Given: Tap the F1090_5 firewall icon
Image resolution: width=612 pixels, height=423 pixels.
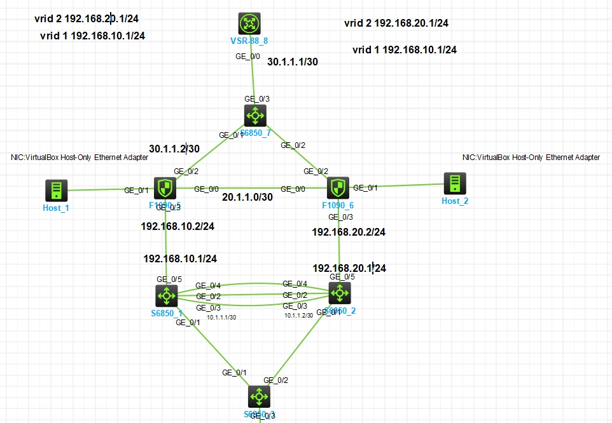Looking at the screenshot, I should pyautogui.click(x=165, y=188).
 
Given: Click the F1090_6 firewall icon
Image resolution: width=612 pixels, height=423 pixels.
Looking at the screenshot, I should pyautogui.click(x=337, y=188).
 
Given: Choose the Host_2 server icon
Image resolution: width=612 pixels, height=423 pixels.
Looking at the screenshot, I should pyautogui.click(x=455, y=184).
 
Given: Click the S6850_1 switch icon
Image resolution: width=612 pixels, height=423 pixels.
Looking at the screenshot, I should pyautogui.click(x=167, y=295).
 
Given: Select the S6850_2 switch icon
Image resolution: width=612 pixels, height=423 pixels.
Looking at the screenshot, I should pyautogui.click(x=339, y=293).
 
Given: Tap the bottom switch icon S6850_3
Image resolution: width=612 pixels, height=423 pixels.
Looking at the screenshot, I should pyautogui.click(x=258, y=396).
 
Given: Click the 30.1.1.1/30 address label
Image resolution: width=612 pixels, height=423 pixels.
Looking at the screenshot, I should pyautogui.click(x=292, y=62).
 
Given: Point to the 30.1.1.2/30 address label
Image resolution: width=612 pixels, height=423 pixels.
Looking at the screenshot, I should pyautogui.click(x=174, y=148).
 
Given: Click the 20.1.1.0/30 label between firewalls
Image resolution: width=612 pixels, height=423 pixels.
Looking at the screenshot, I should pyautogui.click(x=247, y=198).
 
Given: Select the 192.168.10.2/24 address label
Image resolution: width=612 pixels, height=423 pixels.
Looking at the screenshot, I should pyautogui.click(x=177, y=225).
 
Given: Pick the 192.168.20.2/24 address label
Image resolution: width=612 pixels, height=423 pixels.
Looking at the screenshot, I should pyautogui.click(x=349, y=232).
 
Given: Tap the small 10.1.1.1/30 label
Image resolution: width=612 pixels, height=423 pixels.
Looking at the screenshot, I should pyautogui.click(x=221, y=317).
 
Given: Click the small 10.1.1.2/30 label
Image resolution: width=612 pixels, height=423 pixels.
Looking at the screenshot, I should pyautogui.click(x=298, y=315).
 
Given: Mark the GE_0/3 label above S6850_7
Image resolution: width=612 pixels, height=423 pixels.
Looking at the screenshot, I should pyautogui.click(x=257, y=98).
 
